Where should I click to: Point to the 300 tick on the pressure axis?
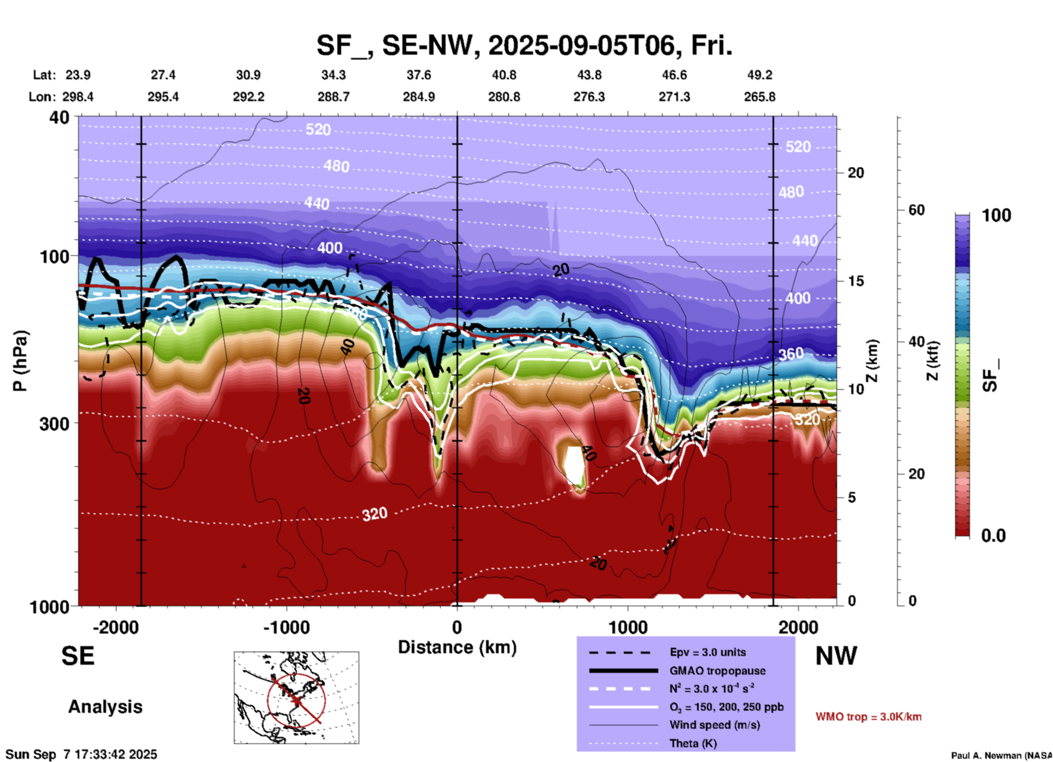[54, 424]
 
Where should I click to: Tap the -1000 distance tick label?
[286, 628]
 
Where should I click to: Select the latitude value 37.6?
[418, 75]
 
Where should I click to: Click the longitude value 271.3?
[674, 97]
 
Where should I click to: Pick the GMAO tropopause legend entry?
[717, 671]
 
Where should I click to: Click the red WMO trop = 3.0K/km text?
[868, 717]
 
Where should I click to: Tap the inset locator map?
[296, 697]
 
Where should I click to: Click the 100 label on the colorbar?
[996, 216]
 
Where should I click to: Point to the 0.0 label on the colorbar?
[993, 536]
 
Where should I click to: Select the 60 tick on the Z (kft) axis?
[916, 210]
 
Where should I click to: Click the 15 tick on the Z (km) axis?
[855, 281]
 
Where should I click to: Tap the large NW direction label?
[836, 656]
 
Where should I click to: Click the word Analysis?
[105, 707]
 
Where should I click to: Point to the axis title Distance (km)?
[457, 647]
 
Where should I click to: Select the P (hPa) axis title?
[20, 361]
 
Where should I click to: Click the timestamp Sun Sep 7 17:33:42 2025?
[81, 754]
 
